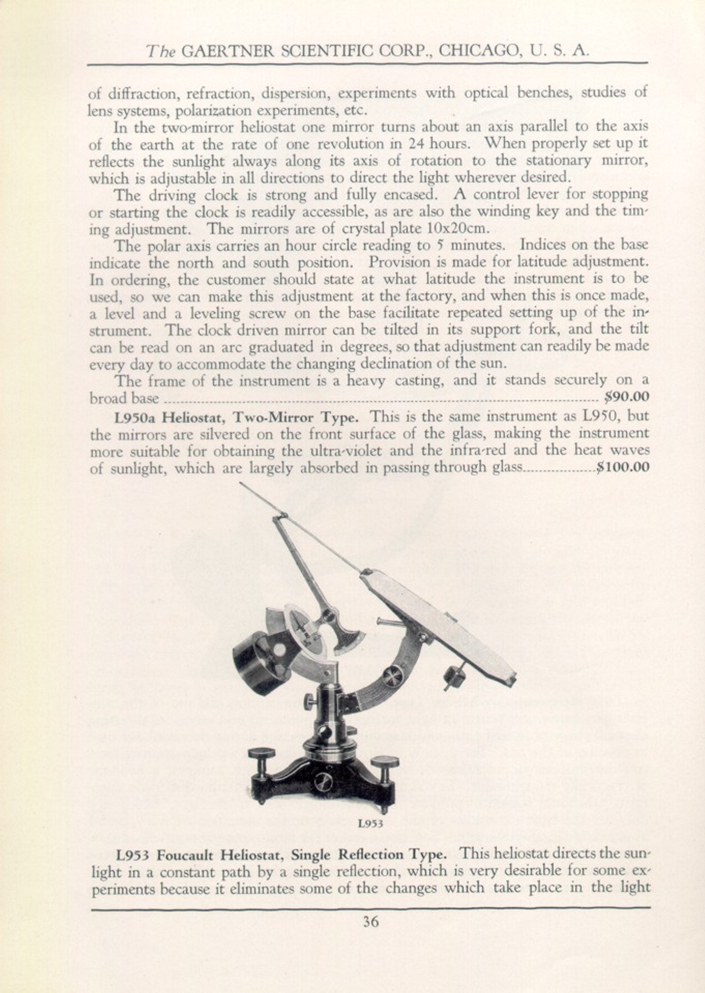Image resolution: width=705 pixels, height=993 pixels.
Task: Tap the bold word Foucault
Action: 188,854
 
